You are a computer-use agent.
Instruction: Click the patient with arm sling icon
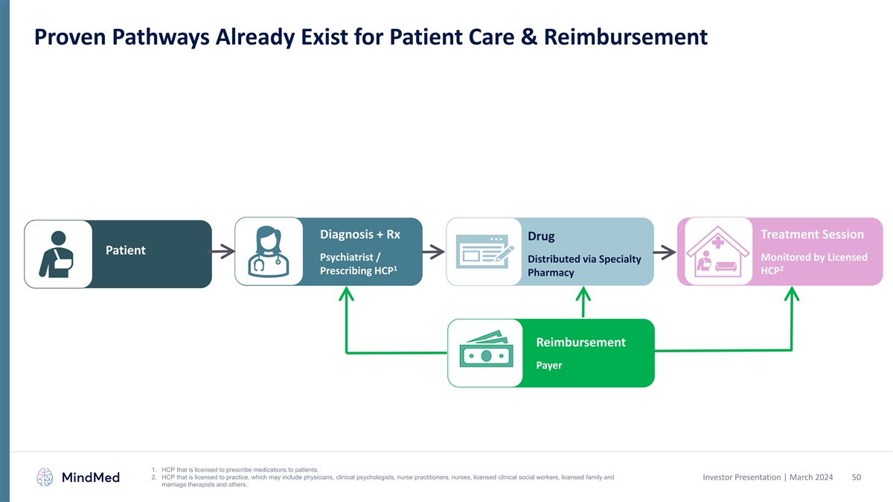pos(58,254)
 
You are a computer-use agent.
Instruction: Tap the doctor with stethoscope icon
pos(268,251)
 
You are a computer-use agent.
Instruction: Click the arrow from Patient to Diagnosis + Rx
pos(223,252)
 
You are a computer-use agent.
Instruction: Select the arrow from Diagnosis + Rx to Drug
pos(434,252)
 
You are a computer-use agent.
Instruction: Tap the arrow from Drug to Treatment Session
pos(665,252)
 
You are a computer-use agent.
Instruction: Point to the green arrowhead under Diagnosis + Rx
pos(346,297)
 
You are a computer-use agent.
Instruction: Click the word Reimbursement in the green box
pos(580,342)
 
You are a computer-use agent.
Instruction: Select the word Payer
pos(549,366)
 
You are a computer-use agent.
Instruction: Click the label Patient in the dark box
pos(125,250)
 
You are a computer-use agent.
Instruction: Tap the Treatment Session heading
pos(812,234)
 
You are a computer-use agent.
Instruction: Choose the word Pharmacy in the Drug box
pos(550,273)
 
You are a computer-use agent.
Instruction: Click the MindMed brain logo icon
pos(45,477)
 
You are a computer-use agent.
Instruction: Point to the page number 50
pos(856,477)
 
